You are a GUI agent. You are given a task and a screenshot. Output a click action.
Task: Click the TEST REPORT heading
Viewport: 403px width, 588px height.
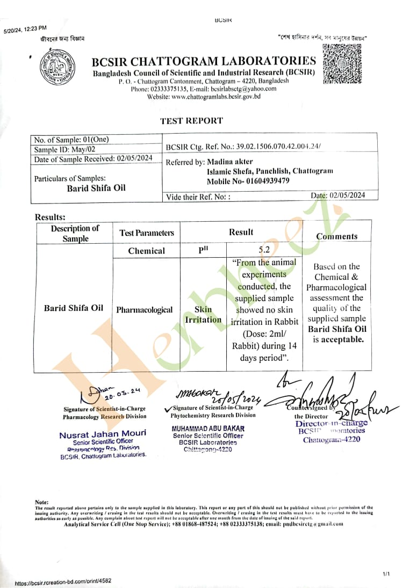[x=191, y=121]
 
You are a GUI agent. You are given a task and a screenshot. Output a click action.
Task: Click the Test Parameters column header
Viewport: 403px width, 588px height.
[x=147, y=233]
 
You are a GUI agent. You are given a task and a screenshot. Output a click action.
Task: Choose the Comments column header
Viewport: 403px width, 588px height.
[x=336, y=236]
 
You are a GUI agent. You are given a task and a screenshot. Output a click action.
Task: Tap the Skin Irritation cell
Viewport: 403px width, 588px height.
[x=203, y=315]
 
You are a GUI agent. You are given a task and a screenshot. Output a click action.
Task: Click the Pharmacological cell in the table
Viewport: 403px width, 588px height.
[x=145, y=310]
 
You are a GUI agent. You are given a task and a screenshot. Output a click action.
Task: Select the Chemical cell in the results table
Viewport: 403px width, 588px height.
[x=147, y=251]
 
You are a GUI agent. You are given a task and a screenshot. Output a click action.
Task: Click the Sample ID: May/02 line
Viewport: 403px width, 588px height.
[x=65, y=149]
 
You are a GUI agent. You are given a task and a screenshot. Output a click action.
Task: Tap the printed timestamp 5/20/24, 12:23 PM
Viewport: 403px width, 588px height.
[x=25, y=28]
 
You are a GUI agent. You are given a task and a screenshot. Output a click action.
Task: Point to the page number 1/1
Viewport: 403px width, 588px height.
[x=386, y=575]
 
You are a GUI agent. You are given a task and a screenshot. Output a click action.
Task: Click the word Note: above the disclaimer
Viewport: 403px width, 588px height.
[x=41, y=502]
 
